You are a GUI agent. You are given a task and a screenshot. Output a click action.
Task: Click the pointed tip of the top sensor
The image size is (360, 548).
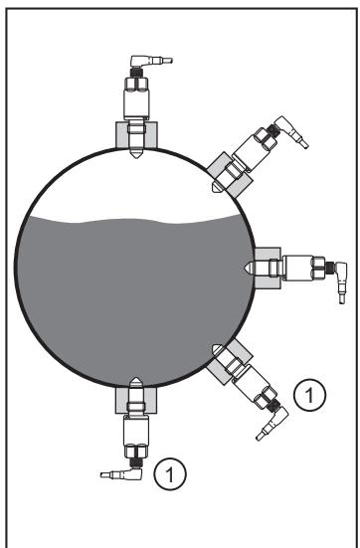click(x=136, y=157)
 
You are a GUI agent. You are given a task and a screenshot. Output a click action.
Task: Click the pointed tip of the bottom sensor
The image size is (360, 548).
click(x=136, y=378)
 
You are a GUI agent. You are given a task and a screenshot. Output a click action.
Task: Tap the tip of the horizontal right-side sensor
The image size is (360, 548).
click(x=244, y=269)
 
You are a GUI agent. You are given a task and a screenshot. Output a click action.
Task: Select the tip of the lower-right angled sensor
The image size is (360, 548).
click(x=213, y=345)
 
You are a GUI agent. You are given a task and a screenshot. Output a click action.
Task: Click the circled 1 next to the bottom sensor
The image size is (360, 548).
click(x=170, y=474)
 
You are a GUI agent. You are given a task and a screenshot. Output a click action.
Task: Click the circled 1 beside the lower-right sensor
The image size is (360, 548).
click(x=309, y=395)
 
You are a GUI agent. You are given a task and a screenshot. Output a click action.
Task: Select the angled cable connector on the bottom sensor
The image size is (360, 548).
click(x=122, y=473)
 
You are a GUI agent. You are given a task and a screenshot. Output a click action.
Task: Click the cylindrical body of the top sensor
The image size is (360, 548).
click(x=136, y=103)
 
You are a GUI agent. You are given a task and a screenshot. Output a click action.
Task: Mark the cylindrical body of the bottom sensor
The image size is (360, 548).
click(x=136, y=431)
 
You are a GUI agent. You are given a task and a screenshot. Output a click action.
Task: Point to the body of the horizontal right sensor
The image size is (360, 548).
click(x=297, y=269)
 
